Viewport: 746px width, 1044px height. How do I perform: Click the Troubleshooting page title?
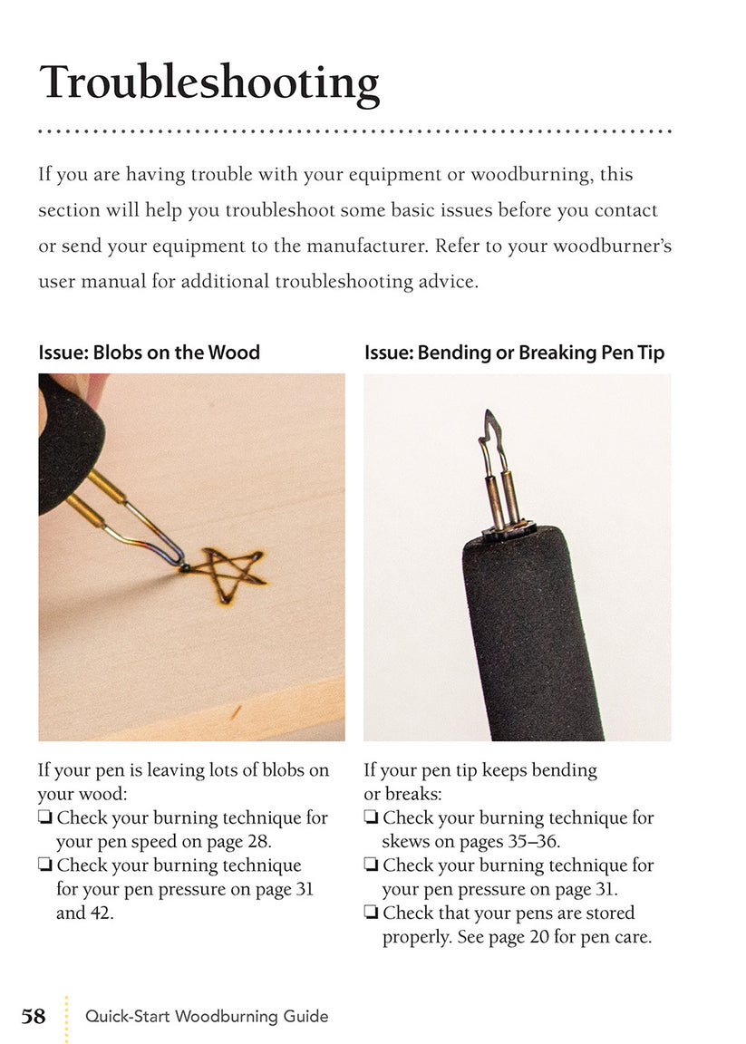208,82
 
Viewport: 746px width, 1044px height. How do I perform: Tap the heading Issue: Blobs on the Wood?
149,353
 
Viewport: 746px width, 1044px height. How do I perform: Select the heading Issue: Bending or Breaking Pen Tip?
514,353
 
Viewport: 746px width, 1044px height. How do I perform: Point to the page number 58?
34,1016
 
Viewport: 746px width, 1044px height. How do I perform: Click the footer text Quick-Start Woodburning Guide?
207,1017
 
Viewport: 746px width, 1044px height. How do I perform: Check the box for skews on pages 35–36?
371,818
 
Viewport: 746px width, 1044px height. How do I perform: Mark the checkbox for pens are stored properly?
371,913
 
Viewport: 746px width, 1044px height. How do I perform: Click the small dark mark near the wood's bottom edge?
237,710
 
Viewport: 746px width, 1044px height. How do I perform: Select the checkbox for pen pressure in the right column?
371,865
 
